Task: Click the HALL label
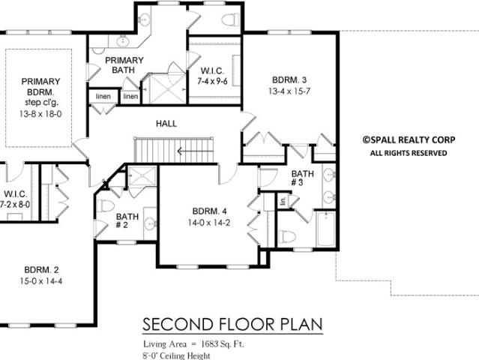point(166,124)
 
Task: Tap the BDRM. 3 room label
point(289,80)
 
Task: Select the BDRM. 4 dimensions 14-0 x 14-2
point(209,223)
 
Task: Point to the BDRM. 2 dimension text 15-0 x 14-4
point(41,280)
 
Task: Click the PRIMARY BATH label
point(124,65)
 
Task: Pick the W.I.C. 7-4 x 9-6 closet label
point(212,76)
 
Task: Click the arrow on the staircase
point(195,151)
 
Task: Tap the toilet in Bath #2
point(105,205)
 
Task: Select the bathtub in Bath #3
point(326,229)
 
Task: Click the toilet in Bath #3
point(287,236)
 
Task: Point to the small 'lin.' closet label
point(283,201)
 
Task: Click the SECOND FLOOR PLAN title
point(232,324)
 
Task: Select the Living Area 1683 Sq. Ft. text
point(193,344)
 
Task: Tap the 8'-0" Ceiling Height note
point(177,355)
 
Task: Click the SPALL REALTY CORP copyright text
point(409,140)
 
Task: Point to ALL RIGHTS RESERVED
point(409,153)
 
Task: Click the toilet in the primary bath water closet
point(230,19)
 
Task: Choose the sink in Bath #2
point(151,223)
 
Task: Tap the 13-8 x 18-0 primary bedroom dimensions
point(40,114)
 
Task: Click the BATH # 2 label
point(127,221)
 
